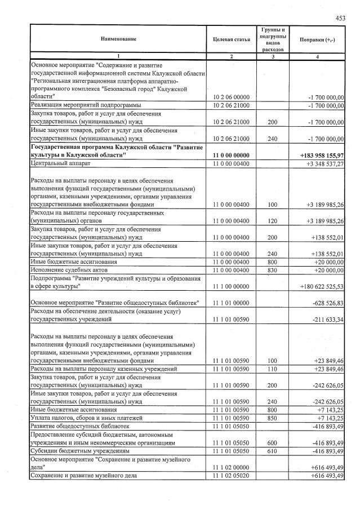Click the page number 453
340,18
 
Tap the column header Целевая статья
232,38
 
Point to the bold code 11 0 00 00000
232,154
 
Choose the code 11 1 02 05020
232,476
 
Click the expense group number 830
273,270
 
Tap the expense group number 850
273,418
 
